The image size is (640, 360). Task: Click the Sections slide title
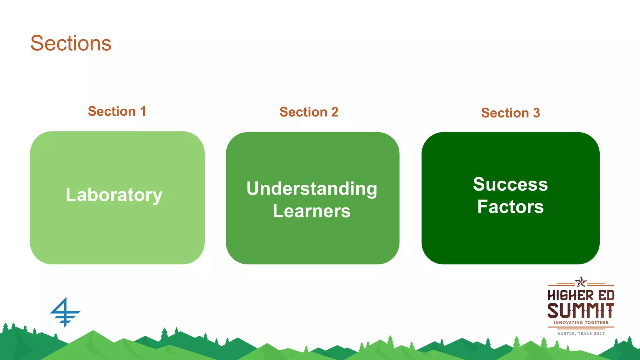tap(71, 43)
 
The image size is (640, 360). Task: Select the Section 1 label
tap(117, 112)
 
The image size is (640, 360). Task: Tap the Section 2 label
tap(309, 112)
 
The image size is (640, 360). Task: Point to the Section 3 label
tap(510, 113)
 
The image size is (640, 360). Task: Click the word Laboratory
tap(114, 195)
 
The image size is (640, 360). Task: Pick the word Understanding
tap(312, 189)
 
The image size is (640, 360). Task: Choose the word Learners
tap(312, 211)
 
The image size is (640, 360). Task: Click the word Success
tap(510, 184)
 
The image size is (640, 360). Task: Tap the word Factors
tap(510, 207)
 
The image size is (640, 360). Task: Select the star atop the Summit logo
tap(581, 282)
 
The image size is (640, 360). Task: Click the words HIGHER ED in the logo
tap(581, 296)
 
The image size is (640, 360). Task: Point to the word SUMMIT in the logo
tap(581, 311)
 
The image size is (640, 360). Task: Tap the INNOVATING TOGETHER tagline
tap(581, 322)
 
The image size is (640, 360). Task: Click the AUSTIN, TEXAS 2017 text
tap(581, 334)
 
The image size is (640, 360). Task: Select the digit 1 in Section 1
tap(143, 112)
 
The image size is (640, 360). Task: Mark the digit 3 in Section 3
tap(537, 113)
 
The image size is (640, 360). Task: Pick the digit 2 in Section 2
tap(335, 112)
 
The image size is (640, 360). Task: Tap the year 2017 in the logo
tap(599, 334)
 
